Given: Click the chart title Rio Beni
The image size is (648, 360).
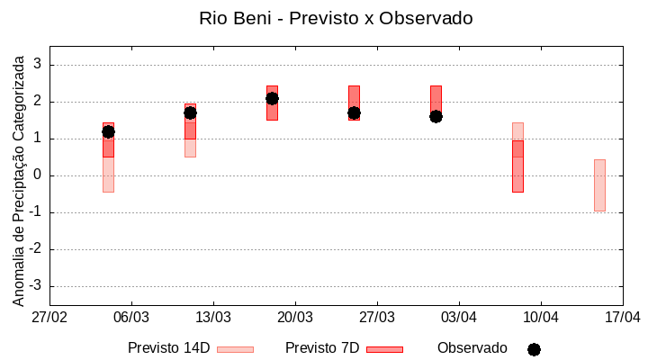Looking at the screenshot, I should (336, 18).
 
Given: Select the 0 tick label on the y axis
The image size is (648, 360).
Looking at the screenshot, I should (39, 175).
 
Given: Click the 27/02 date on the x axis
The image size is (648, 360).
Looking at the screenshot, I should (49, 318).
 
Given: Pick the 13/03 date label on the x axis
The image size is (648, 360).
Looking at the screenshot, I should (213, 318).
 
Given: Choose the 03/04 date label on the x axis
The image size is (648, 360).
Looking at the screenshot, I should (459, 318).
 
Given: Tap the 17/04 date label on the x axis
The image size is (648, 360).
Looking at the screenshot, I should (622, 318).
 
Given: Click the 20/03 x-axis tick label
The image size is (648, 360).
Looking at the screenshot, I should (295, 318).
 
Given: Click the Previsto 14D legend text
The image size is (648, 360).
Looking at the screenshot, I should (168, 348).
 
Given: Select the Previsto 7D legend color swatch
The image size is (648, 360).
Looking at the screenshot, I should (384, 349).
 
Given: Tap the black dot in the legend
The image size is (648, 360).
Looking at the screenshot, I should (534, 349).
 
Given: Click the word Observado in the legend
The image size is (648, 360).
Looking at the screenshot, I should (472, 348).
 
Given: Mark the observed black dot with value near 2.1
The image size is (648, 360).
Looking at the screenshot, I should (272, 98).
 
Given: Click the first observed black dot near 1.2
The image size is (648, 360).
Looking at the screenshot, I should (108, 131).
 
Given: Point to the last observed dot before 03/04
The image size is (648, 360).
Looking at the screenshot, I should (436, 116).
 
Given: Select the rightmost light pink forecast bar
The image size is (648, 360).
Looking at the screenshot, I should (599, 184).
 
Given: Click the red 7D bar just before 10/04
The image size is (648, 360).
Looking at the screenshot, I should (517, 166).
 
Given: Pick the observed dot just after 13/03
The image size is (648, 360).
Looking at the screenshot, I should (190, 112).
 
